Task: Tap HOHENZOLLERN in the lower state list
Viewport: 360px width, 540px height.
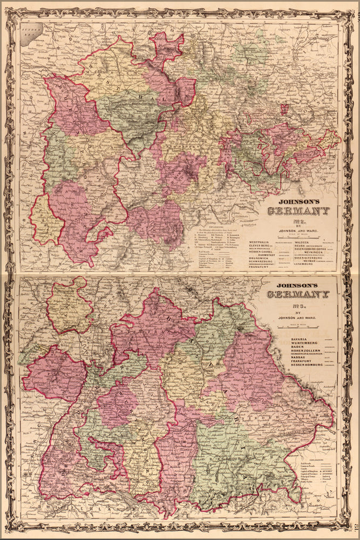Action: pos(295,354)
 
